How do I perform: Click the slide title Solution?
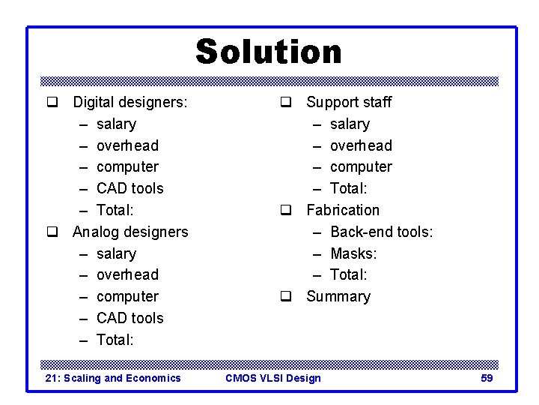click(269, 52)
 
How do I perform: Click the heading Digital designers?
click(130, 102)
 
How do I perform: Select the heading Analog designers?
click(130, 232)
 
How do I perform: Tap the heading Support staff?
click(349, 102)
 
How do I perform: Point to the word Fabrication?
click(343, 210)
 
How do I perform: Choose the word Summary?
click(338, 296)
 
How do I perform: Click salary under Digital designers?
click(116, 124)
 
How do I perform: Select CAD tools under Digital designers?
click(130, 188)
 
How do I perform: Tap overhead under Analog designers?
click(127, 274)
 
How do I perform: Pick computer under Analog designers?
click(127, 296)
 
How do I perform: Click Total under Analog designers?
click(115, 340)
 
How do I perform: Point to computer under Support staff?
click(361, 166)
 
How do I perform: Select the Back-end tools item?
click(381, 232)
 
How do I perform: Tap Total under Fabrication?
click(348, 274)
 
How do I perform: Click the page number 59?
click(487, 378)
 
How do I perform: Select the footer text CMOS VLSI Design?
click(273, 378)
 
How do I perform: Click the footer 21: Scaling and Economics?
click(113, 378)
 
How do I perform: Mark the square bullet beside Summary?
click(285, 296)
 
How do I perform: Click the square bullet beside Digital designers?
click(52, 102)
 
